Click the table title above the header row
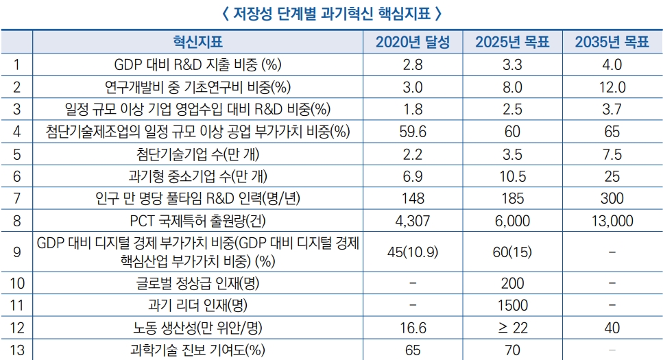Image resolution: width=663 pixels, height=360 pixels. click(331, 13)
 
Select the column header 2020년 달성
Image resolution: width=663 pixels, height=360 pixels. click(413, 43)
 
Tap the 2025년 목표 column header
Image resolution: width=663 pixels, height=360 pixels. click(512, 43)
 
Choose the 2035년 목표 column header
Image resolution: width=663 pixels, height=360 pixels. click(612, 43)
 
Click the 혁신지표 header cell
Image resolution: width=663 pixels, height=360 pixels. click(197, 43)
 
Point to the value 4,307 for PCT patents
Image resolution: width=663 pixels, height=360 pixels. click(413, 221)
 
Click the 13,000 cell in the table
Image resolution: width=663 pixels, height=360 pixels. click(612, 221)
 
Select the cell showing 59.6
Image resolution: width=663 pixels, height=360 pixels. click(413, 132)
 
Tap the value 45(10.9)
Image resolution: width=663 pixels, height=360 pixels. click(413, 252)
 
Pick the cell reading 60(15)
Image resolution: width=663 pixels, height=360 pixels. click(512, 252)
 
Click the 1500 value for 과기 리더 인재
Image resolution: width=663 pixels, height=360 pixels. click(512, 305)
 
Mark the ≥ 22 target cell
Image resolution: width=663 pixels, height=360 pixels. click(512, 328)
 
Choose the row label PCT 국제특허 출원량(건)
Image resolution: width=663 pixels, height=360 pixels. click(197, 221)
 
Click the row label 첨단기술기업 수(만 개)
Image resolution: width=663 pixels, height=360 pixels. click(197, 154)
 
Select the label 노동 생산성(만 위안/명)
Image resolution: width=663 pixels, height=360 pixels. click(197, 328)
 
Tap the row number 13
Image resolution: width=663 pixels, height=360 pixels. click(17, 350)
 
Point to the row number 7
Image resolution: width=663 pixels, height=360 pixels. click(17, 199)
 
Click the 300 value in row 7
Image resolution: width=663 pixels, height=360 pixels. click(612, 199)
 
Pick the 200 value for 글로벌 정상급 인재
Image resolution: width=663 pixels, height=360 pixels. click(512, 283)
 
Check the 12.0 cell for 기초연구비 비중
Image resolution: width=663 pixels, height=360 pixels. click(612, 87)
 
